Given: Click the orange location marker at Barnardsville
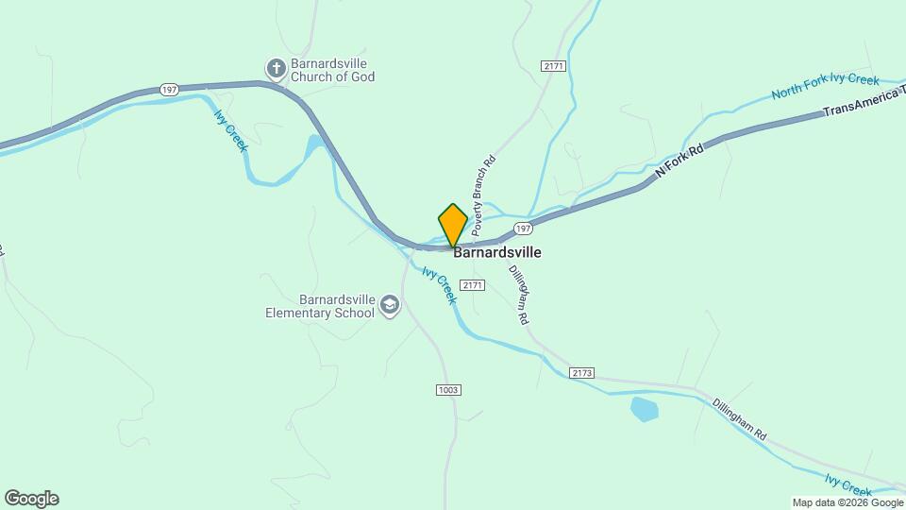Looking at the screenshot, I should point(453,225).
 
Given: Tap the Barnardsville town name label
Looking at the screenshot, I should point(497,253).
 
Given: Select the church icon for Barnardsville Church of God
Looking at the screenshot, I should point(276,68).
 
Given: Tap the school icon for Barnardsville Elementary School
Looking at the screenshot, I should point(390,305).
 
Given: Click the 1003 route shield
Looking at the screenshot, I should point(448,390).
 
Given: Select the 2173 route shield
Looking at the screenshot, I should point(582,373).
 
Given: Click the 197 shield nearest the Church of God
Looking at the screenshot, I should point(169,90).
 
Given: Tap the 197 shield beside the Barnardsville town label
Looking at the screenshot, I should point(524,229).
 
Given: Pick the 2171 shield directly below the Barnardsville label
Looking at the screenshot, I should point(472,285).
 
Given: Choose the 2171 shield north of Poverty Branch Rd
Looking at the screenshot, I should point(554,65).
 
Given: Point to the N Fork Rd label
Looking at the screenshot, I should point(680,161).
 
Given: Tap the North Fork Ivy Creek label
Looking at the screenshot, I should point(825,87).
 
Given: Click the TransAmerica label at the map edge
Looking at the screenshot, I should point(864,107).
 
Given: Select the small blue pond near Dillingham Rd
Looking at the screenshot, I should point(644,409).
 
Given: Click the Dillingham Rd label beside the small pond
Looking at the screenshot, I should point(739,421).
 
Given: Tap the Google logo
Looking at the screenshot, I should point(31,499).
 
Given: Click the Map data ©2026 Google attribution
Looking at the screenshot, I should point(847,503).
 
